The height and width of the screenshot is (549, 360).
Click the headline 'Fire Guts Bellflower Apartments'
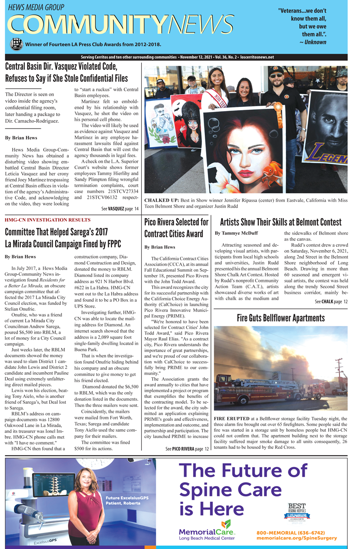(280, 318)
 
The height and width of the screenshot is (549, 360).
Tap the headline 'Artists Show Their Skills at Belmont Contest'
(280, 222)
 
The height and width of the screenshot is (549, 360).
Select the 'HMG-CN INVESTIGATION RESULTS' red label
(48, 220)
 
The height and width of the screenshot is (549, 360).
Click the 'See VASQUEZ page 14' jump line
(120, 209)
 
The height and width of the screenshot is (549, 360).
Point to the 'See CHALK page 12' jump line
(331, 301)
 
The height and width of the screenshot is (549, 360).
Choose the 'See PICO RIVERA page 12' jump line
(187, 449)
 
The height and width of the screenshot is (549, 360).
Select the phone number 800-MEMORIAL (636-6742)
(291, 532)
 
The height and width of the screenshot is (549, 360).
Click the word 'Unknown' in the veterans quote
(315, 42)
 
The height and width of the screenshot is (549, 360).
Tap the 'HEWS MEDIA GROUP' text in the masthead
(36, 8)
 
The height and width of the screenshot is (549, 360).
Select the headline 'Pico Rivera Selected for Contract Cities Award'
(176, 228)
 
